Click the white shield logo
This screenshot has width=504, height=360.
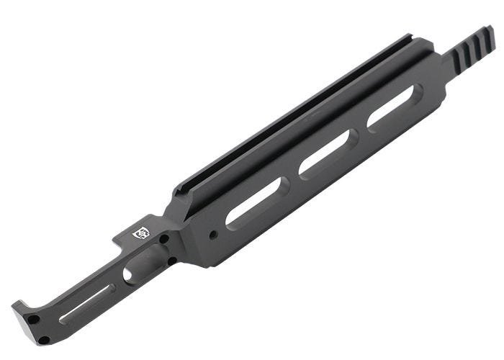tap(141, 233)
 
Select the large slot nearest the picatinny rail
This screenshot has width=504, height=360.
tap(395, 107)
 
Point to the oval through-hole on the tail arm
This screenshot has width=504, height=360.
tap(128, 274)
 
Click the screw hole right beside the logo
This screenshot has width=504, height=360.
tap(164, 238)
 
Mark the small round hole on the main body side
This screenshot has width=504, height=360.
tap(212, 235)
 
